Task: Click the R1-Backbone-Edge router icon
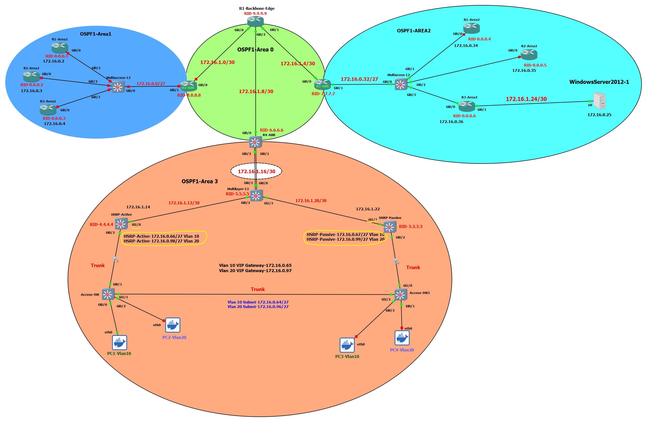pos(255,21)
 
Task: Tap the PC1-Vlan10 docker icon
pos(119,343)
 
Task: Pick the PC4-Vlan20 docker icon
pos(402,338)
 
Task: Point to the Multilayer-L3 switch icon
pos(256,195)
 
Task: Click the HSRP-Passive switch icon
pos(390,227)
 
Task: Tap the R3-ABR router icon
pos(322,84)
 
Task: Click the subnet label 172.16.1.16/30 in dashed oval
pos(256,171)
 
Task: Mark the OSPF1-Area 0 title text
pos(255,49)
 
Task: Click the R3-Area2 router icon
pos(467,106)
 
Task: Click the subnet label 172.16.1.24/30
pos(526,99)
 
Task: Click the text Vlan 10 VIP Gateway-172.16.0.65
pos(255,265)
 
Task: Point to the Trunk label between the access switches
pos(257,289)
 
